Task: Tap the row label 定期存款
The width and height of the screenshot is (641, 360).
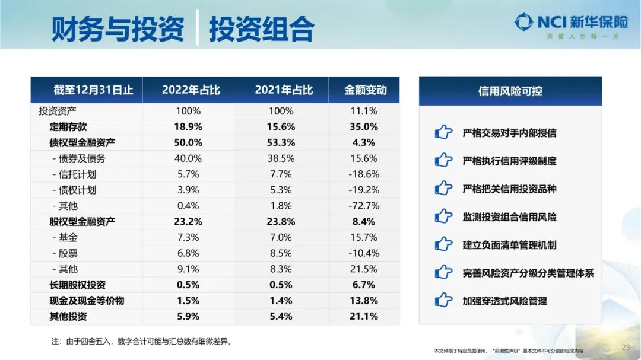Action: pyautogui.click(x=68, y=126)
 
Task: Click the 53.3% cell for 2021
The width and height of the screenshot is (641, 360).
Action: pyautogui.click(x=281, y=142)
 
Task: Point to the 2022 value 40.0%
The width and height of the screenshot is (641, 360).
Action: pyautogui.click(x=188, y=158)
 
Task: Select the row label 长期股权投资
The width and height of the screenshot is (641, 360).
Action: pyautogui.click(x=77, y=285)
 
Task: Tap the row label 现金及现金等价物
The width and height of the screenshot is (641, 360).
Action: pyautogui.click(x=87, y=301)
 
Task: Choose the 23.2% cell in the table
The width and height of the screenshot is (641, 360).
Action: pyautogui.click(x=189, y=222)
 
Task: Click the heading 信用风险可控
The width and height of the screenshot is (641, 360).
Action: pyautogui.click(x=510, y=91)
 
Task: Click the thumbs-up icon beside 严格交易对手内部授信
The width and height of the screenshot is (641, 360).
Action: pyautogui.click(x=443, y=133)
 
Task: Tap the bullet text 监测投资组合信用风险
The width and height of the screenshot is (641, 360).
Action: pyautogui.click(x=509, y=217)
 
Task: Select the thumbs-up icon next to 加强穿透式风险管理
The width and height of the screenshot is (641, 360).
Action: pyautogui.click(x=443, y=301)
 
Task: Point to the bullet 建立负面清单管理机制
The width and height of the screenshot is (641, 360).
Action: pyautogui.click(x=509, y=245)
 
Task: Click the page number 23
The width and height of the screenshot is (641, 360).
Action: pyautogui.click(x=626, y=347)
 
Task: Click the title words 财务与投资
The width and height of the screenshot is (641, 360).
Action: pyautogui.click(x=118, y=28)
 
